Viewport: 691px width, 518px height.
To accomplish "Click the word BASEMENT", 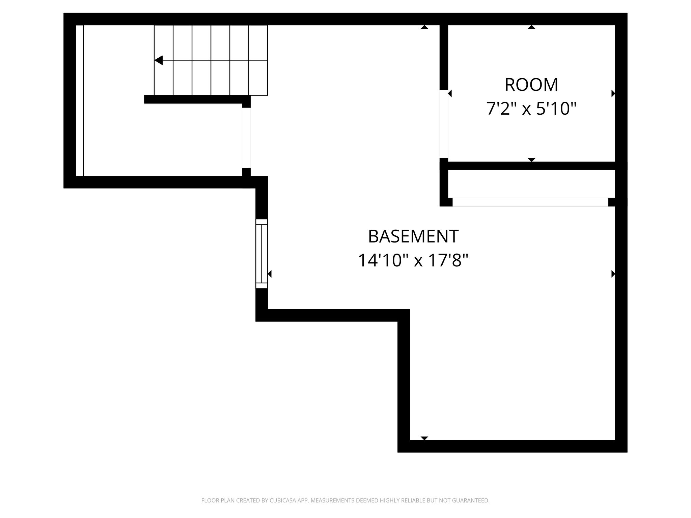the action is [x=413, y=236].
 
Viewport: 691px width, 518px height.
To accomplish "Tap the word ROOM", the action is [x=531, y=85].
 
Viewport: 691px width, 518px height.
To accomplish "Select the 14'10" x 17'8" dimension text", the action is [x=413, y=260].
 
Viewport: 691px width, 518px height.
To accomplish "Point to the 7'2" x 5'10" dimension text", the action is [x=531, y=109].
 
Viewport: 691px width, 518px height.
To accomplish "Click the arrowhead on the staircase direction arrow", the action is [x=159, y=60].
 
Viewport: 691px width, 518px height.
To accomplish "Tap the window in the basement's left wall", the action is [x=261, y=254].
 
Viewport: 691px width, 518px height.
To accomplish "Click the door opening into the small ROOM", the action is [x=444, y=124].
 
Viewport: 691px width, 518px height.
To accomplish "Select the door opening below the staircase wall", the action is [x=246, y=138].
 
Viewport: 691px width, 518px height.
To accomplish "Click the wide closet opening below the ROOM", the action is [x=530, y=202].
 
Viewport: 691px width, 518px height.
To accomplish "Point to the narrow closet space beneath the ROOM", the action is [x=531, y=184].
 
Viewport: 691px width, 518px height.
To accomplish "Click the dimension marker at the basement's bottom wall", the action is [x=424, y=438].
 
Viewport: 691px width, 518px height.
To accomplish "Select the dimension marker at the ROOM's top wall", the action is [x=531, y=27].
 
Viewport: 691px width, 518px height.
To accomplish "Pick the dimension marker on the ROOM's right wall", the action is [x=613, y=93].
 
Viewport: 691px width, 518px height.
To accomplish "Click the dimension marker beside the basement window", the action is [x=270, y=274].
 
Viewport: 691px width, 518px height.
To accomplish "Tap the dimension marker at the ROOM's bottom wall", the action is [x=531, y=160].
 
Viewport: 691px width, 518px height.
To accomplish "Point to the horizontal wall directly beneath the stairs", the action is [x=197, y=99].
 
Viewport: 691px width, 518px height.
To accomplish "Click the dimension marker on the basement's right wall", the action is [x=613, y=274].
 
